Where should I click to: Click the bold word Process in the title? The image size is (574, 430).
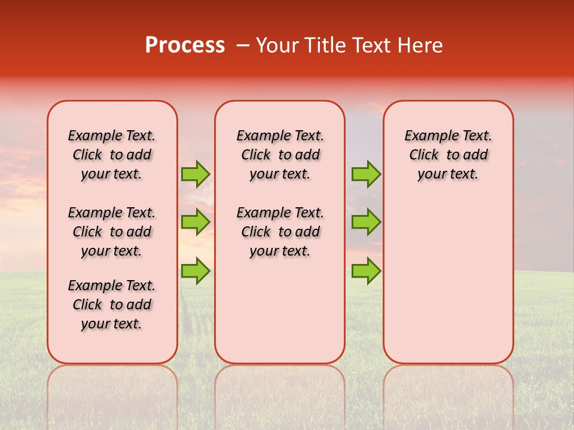point(185,45)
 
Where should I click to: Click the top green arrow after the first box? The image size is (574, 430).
point(196,174)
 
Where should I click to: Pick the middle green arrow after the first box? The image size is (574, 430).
point(196,222)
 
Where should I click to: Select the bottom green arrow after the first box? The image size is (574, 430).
point(196,271)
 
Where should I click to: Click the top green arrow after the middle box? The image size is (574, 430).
point(366,174)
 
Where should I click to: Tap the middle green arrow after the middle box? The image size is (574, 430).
point(366,222)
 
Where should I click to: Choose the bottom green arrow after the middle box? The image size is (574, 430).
point(366,271)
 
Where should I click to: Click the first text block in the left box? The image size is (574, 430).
point(112,155)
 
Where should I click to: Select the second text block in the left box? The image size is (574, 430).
point(112,232)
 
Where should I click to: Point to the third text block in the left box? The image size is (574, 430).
point(112,305)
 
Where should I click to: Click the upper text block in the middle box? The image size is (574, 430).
point(280,155)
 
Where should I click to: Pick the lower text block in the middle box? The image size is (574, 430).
point(280,232)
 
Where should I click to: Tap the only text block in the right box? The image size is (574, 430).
point(448,155)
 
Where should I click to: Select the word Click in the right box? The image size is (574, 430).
point(424,155)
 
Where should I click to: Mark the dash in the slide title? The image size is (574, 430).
point(243,45)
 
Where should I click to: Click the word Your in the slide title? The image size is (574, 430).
point(277,45)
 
